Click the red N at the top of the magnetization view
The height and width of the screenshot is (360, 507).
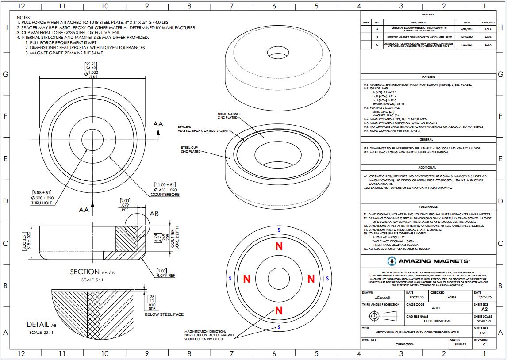[279, 246]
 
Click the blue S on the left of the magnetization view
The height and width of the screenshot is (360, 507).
[230, 279]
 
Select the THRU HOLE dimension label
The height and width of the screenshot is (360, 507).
[42, 204]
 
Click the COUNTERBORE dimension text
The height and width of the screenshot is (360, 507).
[165, 194]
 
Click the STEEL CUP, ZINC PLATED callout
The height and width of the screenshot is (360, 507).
[191, 149]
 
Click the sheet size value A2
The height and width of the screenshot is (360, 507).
[484, 310]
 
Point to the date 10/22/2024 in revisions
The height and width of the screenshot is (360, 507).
[467, 37]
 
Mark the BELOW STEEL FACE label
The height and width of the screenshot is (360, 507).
[164, 314]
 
